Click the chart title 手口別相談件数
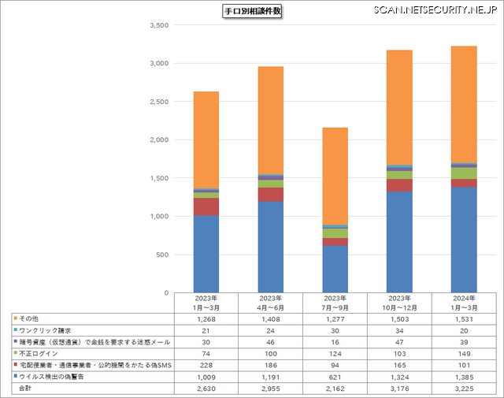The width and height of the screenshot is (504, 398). (x=252, y=11)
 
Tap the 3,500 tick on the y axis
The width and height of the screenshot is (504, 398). (x=158, y=25)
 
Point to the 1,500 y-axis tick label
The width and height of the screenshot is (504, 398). (x=158, y=178)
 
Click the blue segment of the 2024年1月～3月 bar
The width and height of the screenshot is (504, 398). (x=464, y=240)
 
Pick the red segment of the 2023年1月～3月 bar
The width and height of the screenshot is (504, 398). (x=206, y=206)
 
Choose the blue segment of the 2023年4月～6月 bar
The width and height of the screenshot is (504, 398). (x=271, y=247)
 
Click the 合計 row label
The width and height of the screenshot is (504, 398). (x=26, y=389)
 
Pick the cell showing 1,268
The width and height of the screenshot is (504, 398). (x=206, y=318)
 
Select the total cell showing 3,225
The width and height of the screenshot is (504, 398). (x=464, y=389)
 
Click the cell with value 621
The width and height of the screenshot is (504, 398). (x=335, y=378)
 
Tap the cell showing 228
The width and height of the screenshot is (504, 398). (x=206, y=366)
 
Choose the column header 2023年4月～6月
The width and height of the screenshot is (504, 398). (x=271, y=303)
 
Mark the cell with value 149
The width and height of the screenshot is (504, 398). (x=464, y=355)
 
